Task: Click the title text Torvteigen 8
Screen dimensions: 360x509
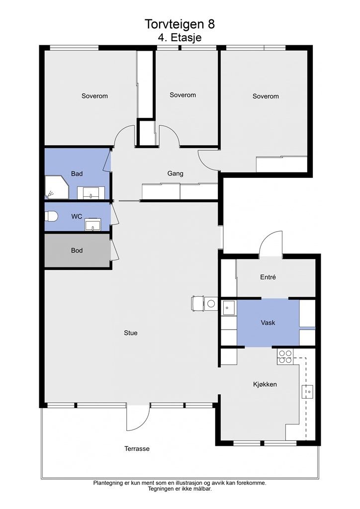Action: (180, 24)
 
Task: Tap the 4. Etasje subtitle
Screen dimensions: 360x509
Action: (180, 37)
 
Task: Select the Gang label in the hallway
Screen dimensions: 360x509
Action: (176, 173)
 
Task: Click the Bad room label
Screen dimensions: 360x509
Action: (77, 173)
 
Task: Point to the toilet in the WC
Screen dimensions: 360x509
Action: (51, 216)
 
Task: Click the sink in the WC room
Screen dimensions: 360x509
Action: (93, 224)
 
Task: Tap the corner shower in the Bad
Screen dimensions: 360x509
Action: (56, 187)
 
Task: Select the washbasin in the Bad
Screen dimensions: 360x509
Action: (91, 193)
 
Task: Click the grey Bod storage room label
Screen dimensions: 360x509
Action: (77, 251)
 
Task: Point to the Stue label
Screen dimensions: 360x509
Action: (130, 333)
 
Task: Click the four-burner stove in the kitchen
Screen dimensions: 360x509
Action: (285, 357)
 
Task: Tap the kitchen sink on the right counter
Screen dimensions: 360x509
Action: (307, 392)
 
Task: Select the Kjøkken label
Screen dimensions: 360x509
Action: (265, 384)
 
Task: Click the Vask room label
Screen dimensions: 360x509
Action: (268, 323)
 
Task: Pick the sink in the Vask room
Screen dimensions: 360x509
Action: (229, 308)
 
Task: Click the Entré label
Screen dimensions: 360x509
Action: (268, 277)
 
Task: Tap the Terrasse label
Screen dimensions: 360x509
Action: (137, 449)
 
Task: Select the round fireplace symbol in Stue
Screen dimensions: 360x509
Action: (211, 304)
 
